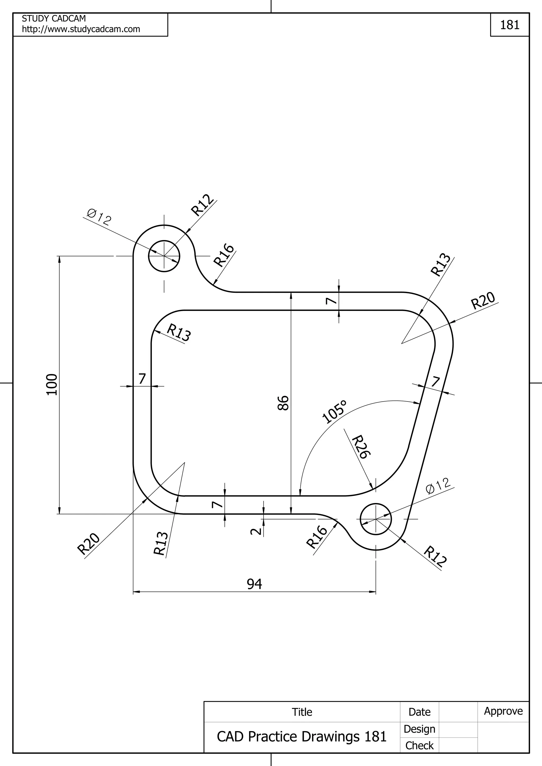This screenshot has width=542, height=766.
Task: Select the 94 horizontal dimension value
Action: pyautogui.click(x=255, y=584)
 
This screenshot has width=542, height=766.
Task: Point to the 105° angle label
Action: pyautogui.click(x=335, y=412)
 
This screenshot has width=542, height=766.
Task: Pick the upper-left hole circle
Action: pyautogui.click(x=164, y=256)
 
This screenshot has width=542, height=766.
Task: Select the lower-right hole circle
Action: pyautogui.click(x=376, y=519)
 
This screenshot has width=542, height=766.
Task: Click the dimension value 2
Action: pyautogui.click(x=256, y=531)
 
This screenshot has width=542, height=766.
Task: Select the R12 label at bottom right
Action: pyautogui.click(x=435, y=556)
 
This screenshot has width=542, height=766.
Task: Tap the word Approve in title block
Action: pyautogui.click(x=503, y=711)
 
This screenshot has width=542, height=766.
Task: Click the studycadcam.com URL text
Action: pyautogui.click(x=81, y=29)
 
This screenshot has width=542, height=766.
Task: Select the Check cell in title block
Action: pyautogui.click(x=419, y=746)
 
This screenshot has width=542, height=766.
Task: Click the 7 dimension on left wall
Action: pyautogui.click(x=142, y=379)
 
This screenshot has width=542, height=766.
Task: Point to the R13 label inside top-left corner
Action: pyautogui.click(x=179, y=333)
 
